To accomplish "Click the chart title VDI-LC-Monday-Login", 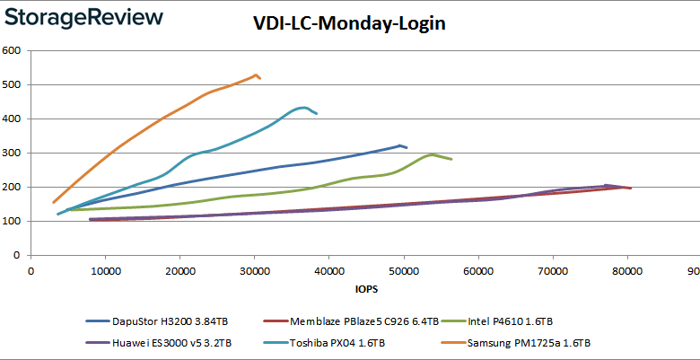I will point(350,23).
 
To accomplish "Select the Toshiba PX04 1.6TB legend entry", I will point(333,343).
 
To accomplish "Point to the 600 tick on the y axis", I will point(13,50).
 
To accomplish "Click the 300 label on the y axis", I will point(13,153).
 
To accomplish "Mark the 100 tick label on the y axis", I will point(13,221).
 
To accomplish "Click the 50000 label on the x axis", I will point(404,270).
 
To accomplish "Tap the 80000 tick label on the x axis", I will point(627,270).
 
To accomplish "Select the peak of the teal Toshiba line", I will point(304,108).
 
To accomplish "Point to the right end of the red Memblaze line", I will point(631,188).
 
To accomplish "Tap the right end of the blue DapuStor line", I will point(407,147).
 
